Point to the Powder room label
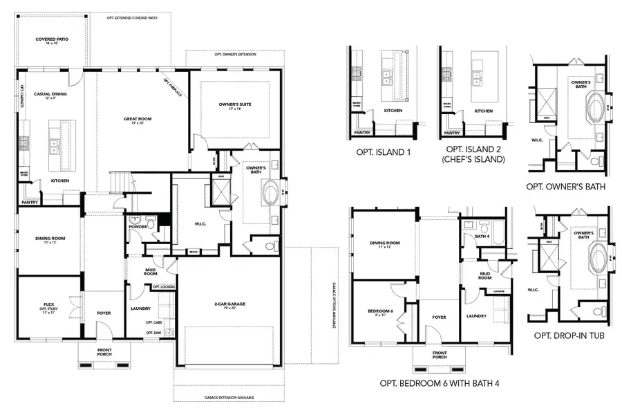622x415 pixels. point(138,225)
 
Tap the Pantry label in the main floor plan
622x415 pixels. point(29,203)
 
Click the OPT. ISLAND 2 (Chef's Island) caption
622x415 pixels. point(474,154)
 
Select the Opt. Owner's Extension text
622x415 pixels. point(234,53)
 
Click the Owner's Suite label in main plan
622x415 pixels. point(234,105)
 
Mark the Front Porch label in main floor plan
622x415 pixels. point(104,351)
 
